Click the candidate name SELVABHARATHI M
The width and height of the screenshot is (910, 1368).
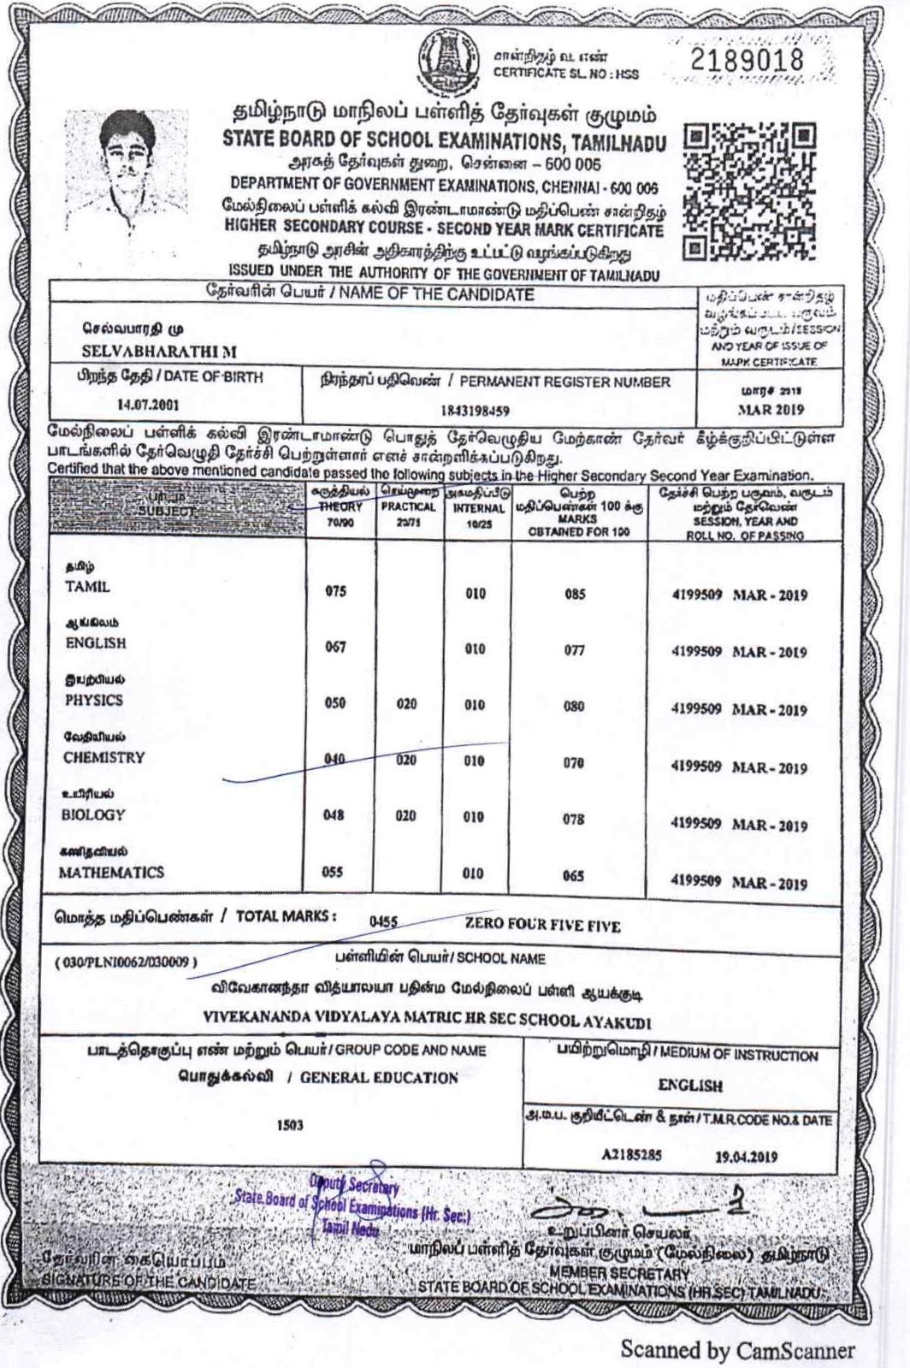click(x=159, y=352)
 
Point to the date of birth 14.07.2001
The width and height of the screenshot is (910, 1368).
click(x=148, y=405)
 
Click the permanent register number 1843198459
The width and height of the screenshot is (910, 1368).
click(x=475, y=411)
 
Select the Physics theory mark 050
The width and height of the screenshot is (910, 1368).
click(x=335, y=703)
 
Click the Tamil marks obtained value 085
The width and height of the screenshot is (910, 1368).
click(x=574, y=594)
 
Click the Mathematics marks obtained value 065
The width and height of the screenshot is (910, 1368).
click(x=573, y=875)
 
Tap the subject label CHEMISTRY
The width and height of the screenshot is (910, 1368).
click(x=103, y=758)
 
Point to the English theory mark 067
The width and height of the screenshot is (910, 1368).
click(x=335, y=647)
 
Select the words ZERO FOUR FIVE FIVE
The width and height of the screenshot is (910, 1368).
click(x=542, y=925)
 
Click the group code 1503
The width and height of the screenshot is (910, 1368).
click(x=290, y=1125)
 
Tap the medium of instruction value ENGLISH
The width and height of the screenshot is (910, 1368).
click(x=690, y=1086)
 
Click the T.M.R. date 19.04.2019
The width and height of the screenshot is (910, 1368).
click(x=746, y=1157)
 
